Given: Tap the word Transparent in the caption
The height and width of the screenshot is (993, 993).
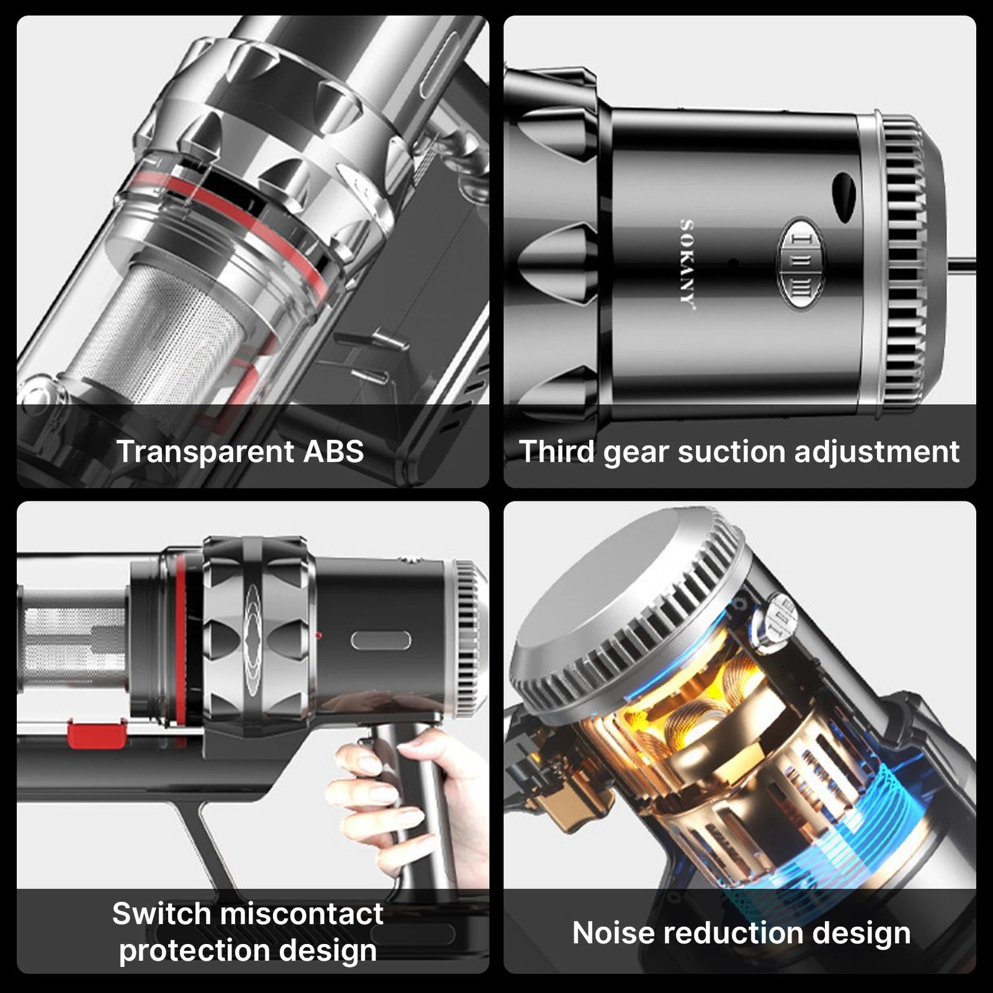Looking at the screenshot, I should (205, 451).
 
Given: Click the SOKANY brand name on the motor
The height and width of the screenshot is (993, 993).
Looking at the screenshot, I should (687, 263).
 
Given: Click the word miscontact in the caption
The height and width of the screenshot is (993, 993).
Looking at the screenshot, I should (301, 914).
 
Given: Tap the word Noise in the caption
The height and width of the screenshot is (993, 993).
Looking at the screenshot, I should (613, 933).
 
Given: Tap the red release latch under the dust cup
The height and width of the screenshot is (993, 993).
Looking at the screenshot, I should (96, 734).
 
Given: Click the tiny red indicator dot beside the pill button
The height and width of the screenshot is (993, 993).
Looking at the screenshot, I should (318, 636).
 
